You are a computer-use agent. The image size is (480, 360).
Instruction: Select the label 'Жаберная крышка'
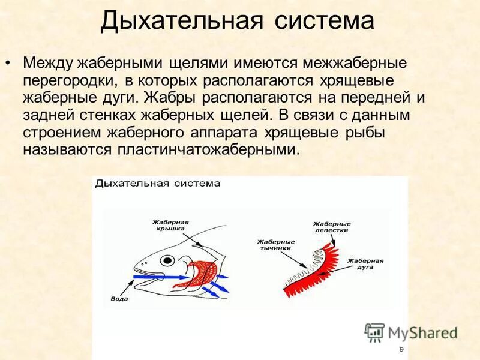point(170,226)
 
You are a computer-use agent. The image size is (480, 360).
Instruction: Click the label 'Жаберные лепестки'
point(332,227)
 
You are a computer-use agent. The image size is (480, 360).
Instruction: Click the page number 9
point(401,349)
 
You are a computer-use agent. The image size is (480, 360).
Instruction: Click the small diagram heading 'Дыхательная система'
point(158,184)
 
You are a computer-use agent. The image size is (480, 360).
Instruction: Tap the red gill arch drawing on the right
point(312,270)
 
